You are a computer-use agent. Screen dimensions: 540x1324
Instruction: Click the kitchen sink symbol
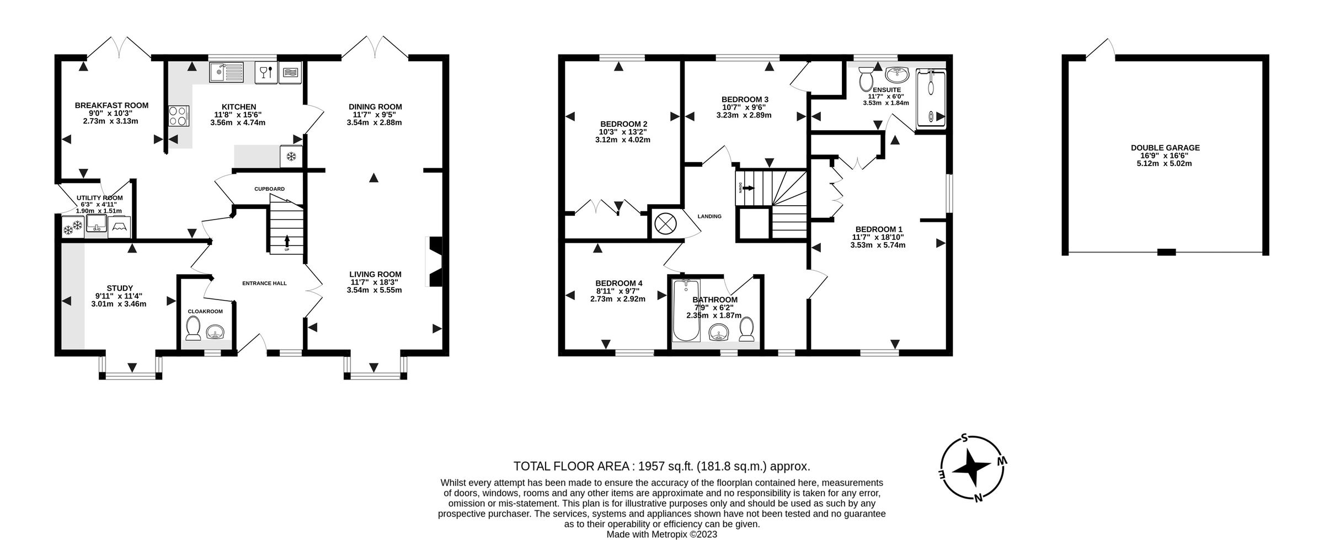click(x=226, y=72)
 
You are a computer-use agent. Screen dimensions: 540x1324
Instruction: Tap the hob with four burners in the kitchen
click(x=178, y=117)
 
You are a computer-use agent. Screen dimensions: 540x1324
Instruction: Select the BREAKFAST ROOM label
click(x=111, y=105)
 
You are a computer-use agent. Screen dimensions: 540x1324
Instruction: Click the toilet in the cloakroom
click(x=193, y=330)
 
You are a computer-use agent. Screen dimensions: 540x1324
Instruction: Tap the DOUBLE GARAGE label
click(x=1165, y=148)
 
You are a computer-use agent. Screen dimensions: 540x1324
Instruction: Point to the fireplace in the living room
click(x=435, y=261)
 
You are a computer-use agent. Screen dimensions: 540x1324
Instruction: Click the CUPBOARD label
click(x=269, y=189)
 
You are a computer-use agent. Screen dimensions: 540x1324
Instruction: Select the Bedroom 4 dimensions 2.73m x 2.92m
click(x=617, y=299)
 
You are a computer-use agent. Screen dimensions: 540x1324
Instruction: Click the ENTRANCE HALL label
click(x=264, y=283)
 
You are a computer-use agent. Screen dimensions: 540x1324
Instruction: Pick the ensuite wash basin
click(x=898, y=74)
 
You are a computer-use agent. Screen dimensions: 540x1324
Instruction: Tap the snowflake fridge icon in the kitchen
click(x=291, y=157)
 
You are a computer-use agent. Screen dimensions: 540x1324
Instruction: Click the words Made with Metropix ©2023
click(x=661, y=534)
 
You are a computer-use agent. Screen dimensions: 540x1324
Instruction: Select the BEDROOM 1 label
click(x=879, y=229)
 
